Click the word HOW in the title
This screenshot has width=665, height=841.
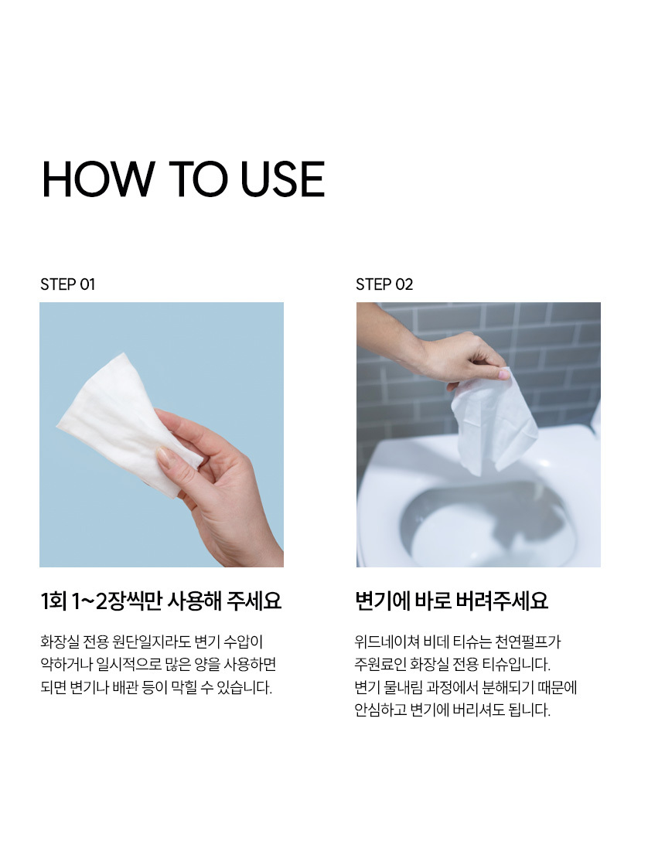click(x=98, y=179)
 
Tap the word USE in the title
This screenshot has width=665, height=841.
click(x=282, y=179)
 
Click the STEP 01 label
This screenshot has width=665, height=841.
click(x=67, y=284)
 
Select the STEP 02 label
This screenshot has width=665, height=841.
click(x=384, y=284)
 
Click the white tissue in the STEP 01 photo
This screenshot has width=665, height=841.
click(x=124, y=424)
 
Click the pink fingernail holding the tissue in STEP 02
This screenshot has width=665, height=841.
click(x=503, y=374)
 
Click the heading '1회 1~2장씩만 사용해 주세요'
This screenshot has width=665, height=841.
click(x=161, y=601)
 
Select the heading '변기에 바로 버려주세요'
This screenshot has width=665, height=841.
click(x=452, y=601)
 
